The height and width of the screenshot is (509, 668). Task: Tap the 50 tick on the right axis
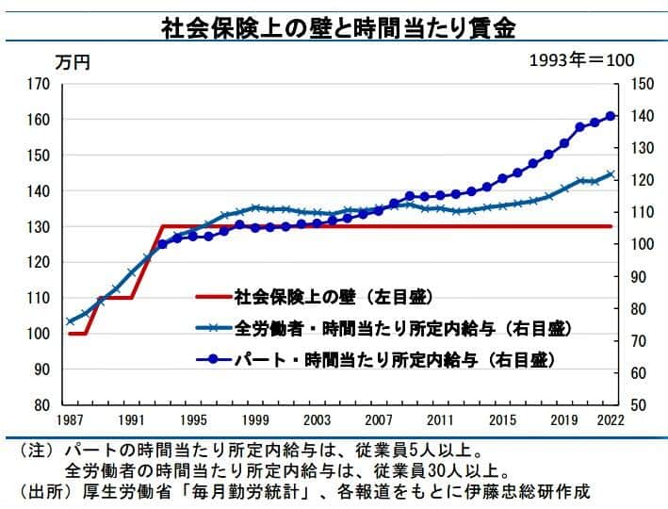[x=638, y=404]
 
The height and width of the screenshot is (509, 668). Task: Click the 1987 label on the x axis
[x=70, y=419]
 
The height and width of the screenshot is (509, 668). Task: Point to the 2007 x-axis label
[x=379, y=419]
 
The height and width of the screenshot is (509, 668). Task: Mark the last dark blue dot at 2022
[x=611, y=116]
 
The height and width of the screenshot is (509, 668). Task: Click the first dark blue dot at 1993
[x=162, y=244]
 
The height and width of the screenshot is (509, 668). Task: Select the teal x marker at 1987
[x=70, y=321]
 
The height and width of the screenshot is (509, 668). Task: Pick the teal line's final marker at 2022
[x=611, y=174]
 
